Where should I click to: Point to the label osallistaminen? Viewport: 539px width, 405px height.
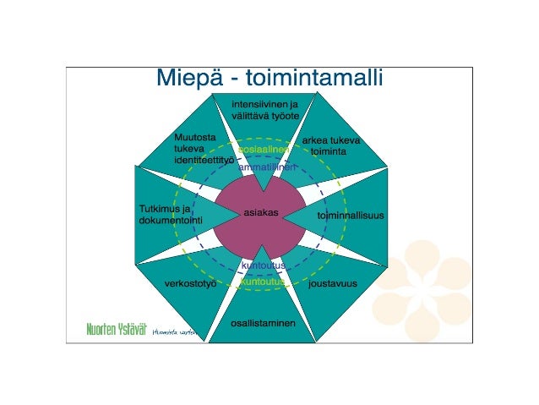pyautogui.click(x=263, y=323)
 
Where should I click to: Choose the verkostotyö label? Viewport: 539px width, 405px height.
pyautogui.click(x=190, y=283)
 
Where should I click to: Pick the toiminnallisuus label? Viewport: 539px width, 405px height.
pyautogui.click(x=350, y=216)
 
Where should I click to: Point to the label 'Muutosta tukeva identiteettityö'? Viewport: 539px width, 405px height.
pyautogui.click(x=203, y=147)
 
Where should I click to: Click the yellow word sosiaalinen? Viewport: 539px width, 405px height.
pyautogui.click(x=264, y=149)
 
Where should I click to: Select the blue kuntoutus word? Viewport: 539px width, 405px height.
pyautogui.click(x=264, y=266)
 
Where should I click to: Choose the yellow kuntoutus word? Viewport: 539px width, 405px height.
pyautogui.click(x=264, y=282)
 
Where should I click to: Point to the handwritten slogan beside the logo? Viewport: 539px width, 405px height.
pyautogui.click(x=174, y=332)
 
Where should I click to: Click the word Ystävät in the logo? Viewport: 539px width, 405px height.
pyautogui.click(x=131, y=329)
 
